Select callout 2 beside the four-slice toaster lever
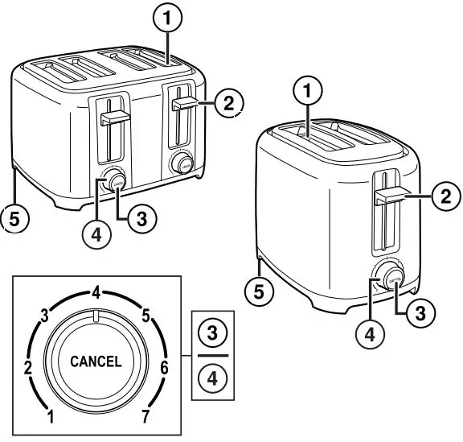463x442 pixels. point(228,102)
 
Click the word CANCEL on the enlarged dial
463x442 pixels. point(96,361)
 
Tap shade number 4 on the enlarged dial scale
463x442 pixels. point(96,295)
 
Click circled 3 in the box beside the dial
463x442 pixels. point(213,332)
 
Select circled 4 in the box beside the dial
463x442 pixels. point(213,377)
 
